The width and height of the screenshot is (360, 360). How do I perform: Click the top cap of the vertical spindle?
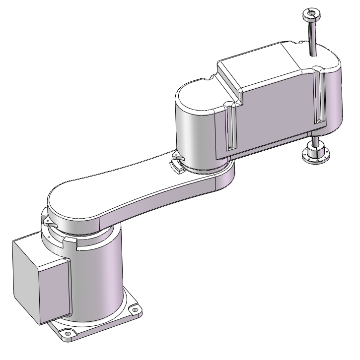(x=312, y=13)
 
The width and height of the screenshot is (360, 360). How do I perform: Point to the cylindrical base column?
(x=99, y=278)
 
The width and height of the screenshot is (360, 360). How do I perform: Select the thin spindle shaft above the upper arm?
(x=311, y=37)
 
